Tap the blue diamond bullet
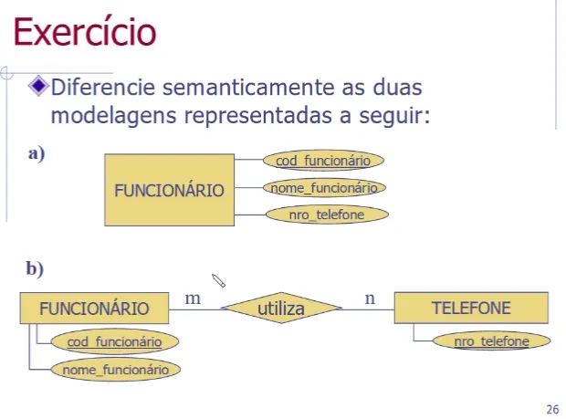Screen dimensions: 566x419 pyautogui.click(x=38, y=86)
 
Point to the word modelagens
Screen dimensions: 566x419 pyautogui.click(x=113, y=116)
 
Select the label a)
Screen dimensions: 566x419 pyautogui.click(x=37, y=153)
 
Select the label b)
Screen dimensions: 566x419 pyautogui.click(x=35, y=268)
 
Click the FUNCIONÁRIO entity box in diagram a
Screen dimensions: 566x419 pyautogui.click(x=169, y=190)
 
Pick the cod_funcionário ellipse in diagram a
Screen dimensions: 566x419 pyautogui.click(x=323, y=161)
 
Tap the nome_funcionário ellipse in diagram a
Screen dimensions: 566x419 pyautogui.click(x=324, y=188)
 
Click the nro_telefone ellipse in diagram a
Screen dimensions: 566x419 pyautogui.click(x=327, y=215)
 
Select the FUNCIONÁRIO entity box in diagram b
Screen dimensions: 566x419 pyautogui.click(x=94, y=309)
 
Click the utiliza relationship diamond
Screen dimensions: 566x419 pyautogui.click(x=281, y=308)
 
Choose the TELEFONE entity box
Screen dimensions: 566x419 pyautogui.click(x=471, y=308)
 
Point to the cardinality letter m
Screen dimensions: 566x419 pyautogui.click(x=193, y=299)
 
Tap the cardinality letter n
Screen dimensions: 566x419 pyautogui.click(x=370, y=299)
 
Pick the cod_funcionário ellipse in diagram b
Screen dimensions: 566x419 pyautogui.click(x=115, y=341)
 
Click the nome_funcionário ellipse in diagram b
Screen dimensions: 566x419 pyautogui.click(x=116, y=369)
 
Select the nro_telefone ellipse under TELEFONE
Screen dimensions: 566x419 pyautogui.click(x=492, y=340)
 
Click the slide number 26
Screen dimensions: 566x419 pyautogui.click(x=552, y=410)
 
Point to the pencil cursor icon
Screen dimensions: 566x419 pyautogui.click(x=218, y=280)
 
